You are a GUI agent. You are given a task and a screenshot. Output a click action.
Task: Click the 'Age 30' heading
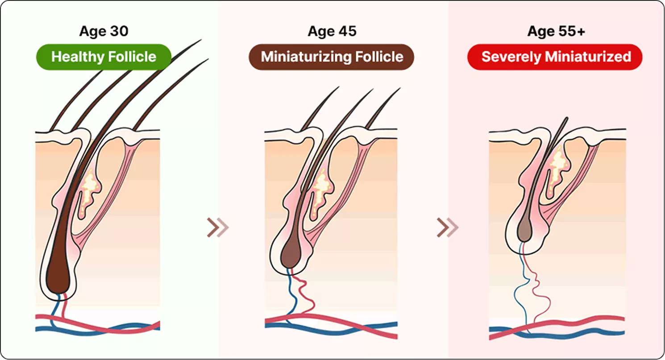[104, 31]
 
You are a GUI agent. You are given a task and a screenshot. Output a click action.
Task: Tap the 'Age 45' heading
[332, 31]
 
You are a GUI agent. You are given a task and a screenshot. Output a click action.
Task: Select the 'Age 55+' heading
[556, 31]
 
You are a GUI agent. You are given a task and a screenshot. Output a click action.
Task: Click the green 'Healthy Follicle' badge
[104, 57]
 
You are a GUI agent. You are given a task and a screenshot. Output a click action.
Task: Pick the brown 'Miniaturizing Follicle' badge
[332, 57]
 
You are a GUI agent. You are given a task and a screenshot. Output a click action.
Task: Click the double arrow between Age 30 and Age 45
[218, 228]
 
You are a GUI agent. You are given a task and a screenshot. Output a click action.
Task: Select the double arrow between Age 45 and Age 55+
[447, 228]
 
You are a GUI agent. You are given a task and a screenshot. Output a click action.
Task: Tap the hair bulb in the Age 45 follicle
[289, 256]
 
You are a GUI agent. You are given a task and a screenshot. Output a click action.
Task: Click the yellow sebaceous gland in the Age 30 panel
[91, 187]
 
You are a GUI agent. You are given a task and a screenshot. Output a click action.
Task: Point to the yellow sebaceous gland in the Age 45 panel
[320, 190]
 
